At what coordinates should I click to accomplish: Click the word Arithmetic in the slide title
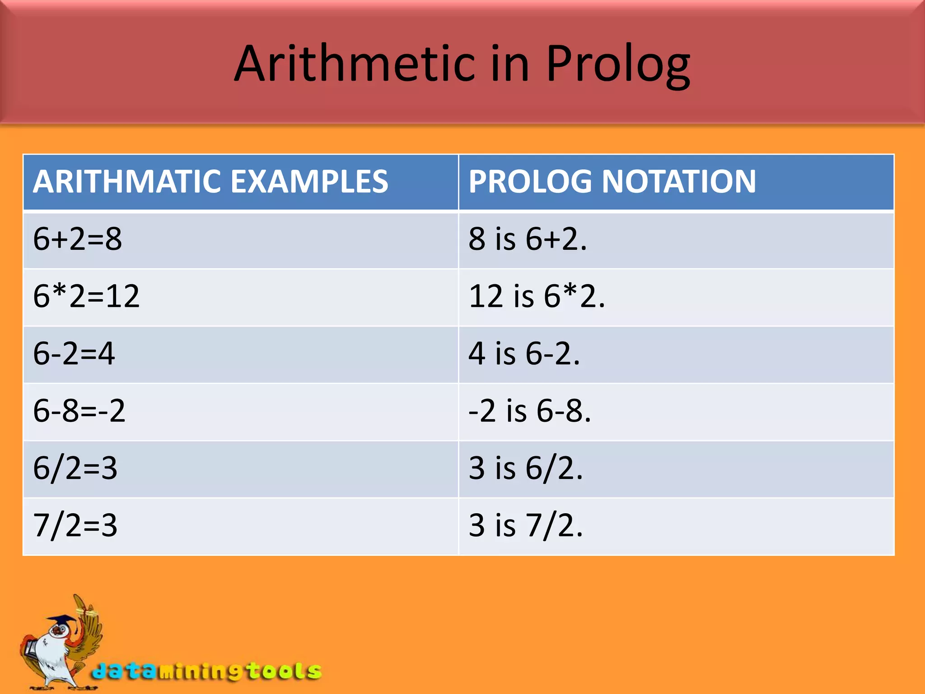[355, 64]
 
